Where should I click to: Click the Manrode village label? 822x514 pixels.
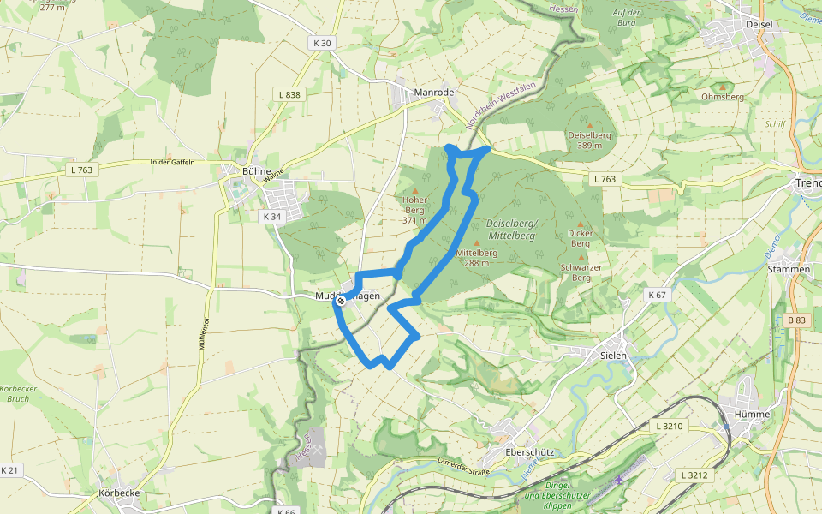(433, 92)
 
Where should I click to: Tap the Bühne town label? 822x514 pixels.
(256, 171)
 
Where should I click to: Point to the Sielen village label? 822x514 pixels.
(612, 355)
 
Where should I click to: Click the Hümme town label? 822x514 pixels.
(746, 414)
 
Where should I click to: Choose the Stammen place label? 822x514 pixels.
(789, 269)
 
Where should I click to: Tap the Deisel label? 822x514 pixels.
(759, 24)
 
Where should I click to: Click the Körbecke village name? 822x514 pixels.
(118, 494)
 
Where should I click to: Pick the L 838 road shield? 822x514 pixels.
(289, 94)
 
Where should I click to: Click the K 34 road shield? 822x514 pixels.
(271, 217)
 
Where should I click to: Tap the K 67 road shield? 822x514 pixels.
(657, 295)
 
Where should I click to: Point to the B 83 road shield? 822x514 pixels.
(795, 320)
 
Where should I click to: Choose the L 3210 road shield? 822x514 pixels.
(669, 426)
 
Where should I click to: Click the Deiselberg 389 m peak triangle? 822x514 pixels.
(589, 125)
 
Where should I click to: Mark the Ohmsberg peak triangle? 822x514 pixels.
(722, 86)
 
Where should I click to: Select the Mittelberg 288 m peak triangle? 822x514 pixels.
(476, 242)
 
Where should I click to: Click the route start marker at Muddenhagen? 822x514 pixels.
(341, 301)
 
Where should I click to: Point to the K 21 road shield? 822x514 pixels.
(10, 470)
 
